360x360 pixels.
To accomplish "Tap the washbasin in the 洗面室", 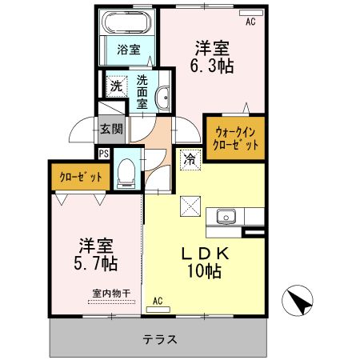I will coord(164,98).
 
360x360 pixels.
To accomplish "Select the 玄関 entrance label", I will coord(110,127).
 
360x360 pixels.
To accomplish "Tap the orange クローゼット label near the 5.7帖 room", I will coord(78,177).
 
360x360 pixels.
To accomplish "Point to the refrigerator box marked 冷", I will coord(190,158).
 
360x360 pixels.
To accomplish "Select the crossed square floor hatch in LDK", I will coord(190,205).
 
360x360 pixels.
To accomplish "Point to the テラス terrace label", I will coord(159,338).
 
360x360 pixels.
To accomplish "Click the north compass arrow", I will coord(300,302).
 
